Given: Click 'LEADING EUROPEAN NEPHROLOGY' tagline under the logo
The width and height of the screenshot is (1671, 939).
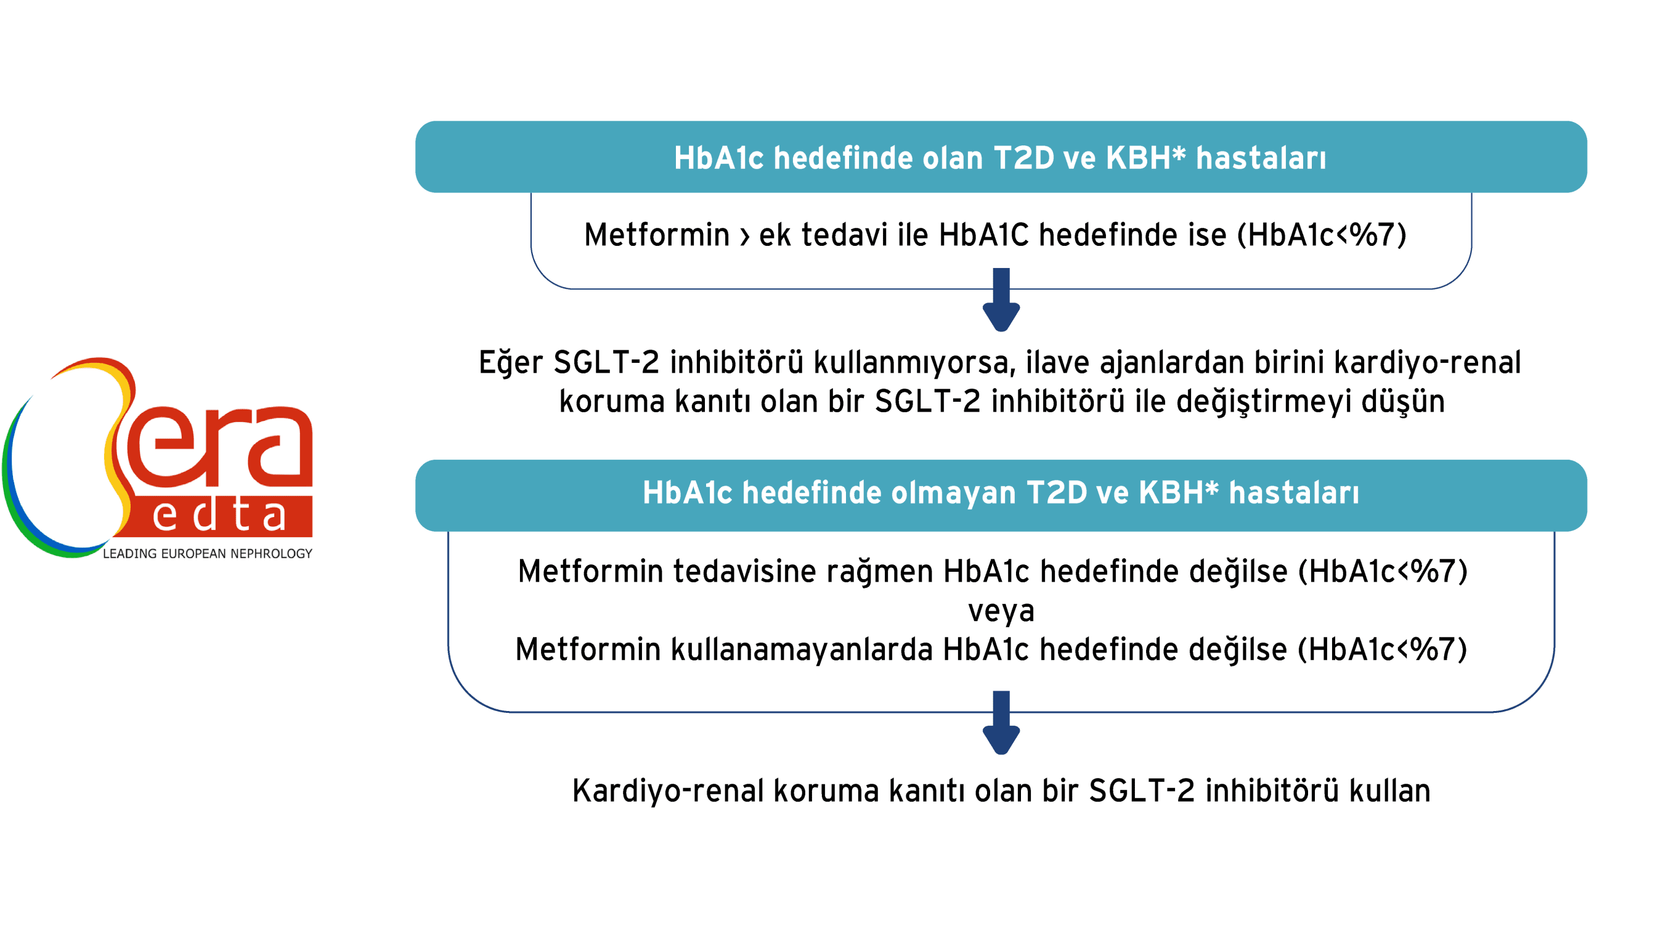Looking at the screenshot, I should [x=208, y=554].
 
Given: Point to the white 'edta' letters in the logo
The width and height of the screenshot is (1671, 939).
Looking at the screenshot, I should [x=219, y=516].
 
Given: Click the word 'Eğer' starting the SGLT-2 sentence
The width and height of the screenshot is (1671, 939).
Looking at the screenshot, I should [x=511, y=362].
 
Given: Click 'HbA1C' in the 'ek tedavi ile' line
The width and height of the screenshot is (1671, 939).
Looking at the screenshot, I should [x=983, y=235].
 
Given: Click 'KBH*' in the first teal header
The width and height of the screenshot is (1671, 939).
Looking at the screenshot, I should [x=1145, y=158].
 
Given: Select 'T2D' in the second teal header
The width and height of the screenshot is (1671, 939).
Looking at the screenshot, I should [x=1056, y=493].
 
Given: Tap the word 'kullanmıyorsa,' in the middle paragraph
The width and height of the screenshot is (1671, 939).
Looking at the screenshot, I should [x=914, y=362].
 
